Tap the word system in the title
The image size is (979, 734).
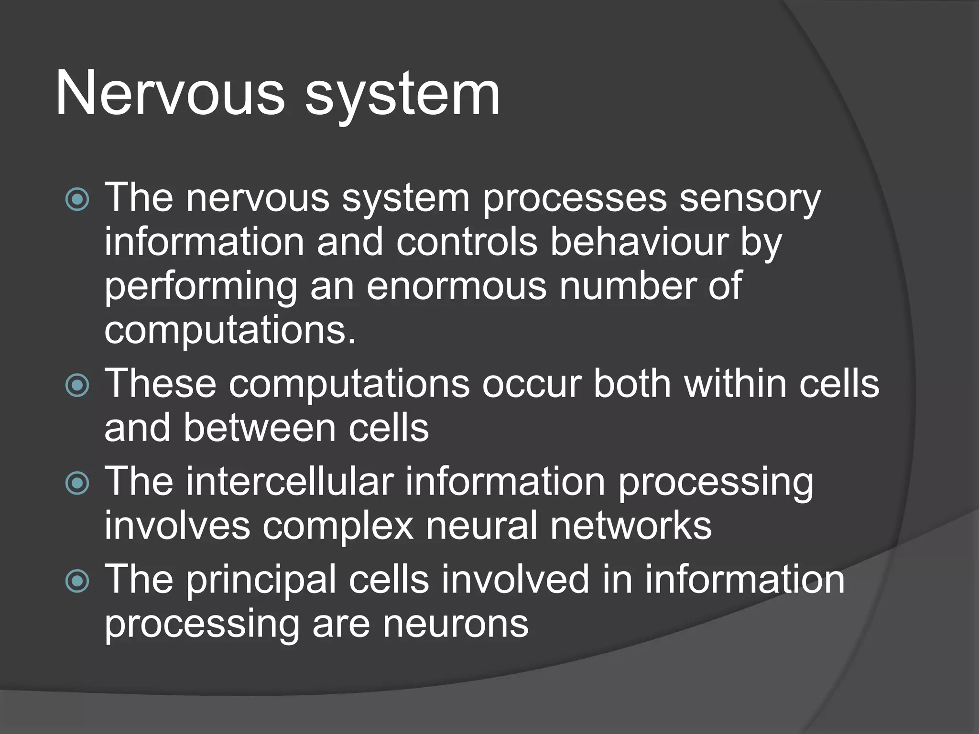[x=402, y=96]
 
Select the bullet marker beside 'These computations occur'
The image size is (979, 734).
[x=77, y=385]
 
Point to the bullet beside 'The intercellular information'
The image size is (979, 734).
[x=77, y=483]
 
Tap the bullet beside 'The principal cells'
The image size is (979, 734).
[x=77, y=581]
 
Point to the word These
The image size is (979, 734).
[x=160, y=383]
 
